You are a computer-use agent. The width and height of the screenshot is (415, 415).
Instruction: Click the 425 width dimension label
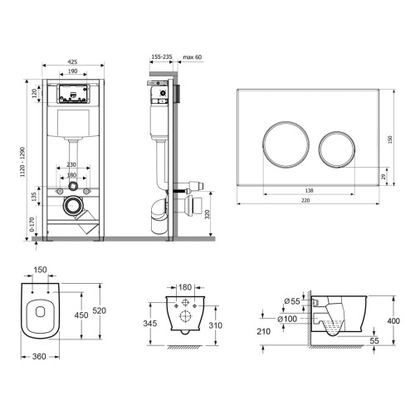[72, 62]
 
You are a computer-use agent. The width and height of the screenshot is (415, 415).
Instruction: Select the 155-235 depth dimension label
[162, 56]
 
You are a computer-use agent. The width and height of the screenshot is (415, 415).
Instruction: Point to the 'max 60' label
[193, 57]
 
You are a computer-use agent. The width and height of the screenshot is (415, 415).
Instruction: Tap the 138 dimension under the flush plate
[309, 190]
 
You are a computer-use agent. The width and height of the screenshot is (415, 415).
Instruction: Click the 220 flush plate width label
[305, 200]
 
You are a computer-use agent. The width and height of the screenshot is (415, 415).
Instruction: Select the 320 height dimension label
[207, 214]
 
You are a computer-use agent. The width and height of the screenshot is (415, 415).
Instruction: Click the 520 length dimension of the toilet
[99, 310]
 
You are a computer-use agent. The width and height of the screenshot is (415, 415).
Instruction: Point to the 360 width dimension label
[39, 356]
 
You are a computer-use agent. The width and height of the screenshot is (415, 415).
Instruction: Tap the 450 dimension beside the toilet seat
[81, 315]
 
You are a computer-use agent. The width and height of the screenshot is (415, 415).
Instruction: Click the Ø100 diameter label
[287, 319]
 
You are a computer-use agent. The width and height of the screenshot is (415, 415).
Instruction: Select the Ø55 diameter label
[292, 301]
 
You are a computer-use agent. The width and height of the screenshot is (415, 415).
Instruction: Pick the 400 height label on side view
[393, 320]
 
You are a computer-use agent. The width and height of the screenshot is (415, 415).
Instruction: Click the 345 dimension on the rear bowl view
[150, 323]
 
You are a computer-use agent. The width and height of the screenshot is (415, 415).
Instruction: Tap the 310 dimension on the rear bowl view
[215, 325]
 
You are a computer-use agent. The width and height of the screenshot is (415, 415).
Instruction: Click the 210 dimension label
[263, 331]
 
